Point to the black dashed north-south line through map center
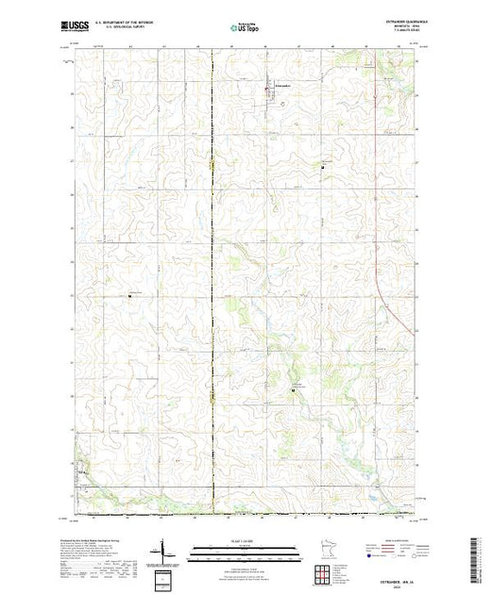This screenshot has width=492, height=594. (213, 283)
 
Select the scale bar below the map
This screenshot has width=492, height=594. (245, 547)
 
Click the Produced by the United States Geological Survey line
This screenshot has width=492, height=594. (94, 535)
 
